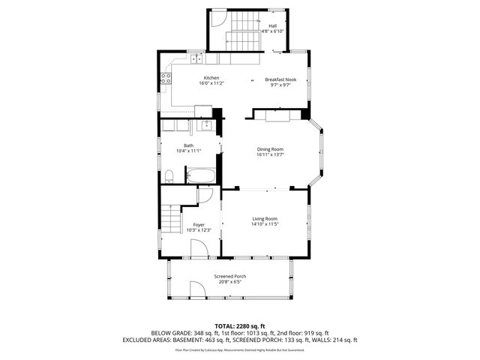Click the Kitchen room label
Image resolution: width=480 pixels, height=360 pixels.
pyautogui.click(x=211, y=78)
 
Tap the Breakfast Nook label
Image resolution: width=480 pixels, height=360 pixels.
pyautogui.click(x=280, y=79)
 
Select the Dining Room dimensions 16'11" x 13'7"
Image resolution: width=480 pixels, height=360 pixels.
pyautogui.click(x=270, y=155)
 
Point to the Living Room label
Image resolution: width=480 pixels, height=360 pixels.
pyautogui.click(x=265, y=218)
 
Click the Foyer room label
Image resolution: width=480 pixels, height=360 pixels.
pyautogui.click(x=199, y=224)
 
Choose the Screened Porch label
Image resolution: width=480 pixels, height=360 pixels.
pyautogui.click(x=229, y=276)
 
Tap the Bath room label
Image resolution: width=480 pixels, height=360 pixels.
pyautogui.click(x=188, y=145)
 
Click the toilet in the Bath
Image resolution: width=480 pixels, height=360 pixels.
pyautogui.click(x=169, y=177)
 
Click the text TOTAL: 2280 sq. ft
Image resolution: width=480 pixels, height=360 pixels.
pyautogui.click(x=239, y=324)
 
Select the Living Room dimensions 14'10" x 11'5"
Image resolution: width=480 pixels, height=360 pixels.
pyautogui.click(x=265, y=224)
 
